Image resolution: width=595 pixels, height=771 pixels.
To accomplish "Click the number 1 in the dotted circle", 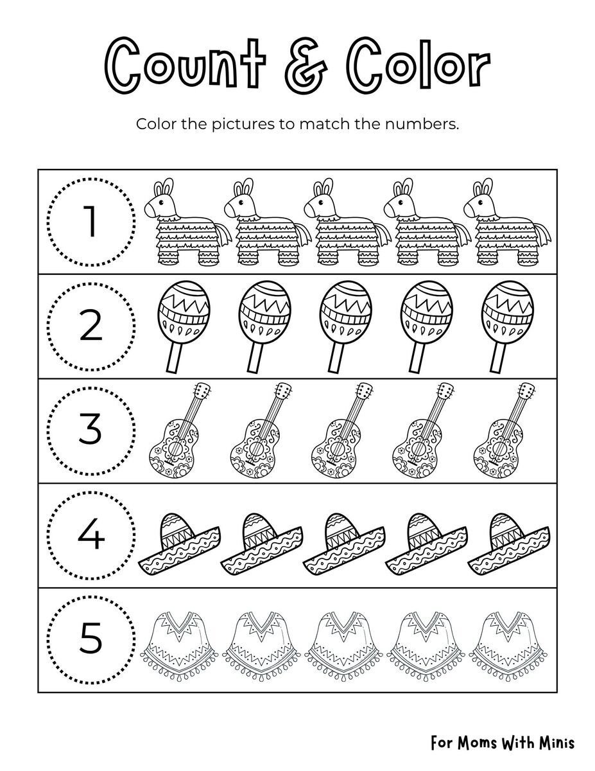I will click(x=91, y=222).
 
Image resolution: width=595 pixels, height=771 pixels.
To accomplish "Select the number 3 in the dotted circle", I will click(x=91, y=430).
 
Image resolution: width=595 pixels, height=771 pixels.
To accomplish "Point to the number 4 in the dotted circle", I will click(x=91, y=535).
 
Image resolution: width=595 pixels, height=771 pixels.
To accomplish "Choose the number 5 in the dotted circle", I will click(x=91, y=640).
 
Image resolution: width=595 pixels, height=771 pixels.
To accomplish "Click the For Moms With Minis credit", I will click(x=503, y=743).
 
